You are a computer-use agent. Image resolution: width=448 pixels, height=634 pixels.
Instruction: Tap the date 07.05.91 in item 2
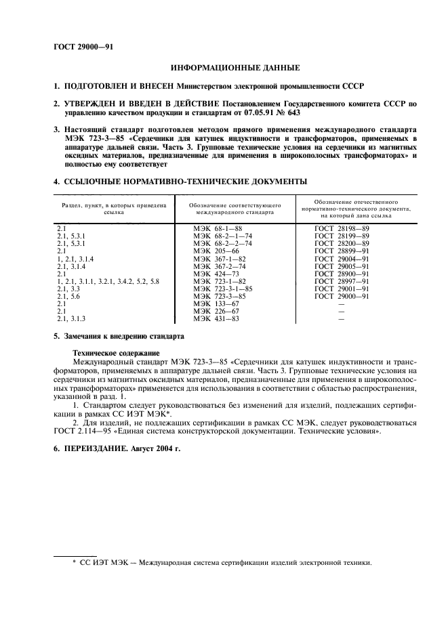(x=251, y=112)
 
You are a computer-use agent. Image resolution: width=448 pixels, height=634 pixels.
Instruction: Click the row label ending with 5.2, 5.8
(x=108, y=280)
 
